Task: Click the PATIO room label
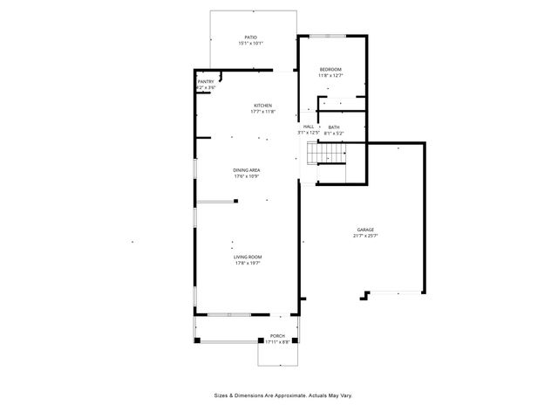[x=250, y=38]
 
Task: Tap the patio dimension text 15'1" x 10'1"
[x=250, y=44]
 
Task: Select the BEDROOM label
[x=330, y=69]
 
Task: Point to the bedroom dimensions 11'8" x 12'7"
[x=330, y=75]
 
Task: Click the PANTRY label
[x=205, y=82]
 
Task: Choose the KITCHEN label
[x=262, y=106]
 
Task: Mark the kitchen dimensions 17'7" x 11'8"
[x=262, y=112]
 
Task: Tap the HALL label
[x=309, y=127]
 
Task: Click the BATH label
[x=334, y=127]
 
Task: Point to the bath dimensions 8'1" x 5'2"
[x=334, y=133]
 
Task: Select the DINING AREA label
[x=247, y=170]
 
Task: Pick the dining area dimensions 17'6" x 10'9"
[x=247, y=176]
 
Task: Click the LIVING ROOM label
[x=248, y=257]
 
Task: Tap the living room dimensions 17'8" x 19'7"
[x=248, y=263]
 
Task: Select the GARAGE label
[x=364, y=230]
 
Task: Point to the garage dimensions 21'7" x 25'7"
[x=364, y=236]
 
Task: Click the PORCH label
[x=277, y=336]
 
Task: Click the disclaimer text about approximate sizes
[x=283, y=395]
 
